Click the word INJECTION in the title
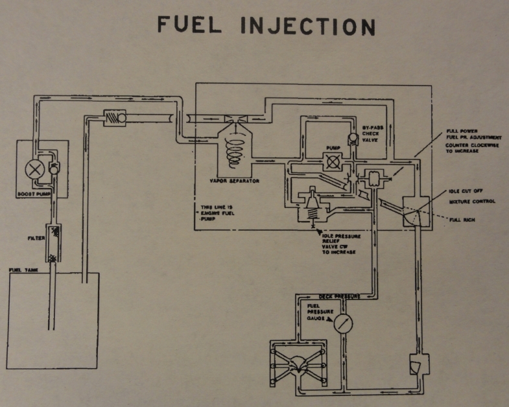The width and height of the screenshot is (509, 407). click(308, 27)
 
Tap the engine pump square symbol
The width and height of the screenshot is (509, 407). click(332, 161)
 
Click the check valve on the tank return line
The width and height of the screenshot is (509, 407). click(114, 117)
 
